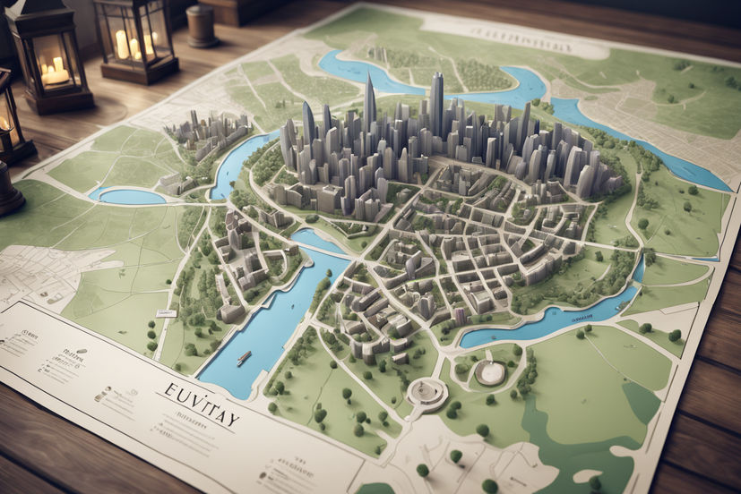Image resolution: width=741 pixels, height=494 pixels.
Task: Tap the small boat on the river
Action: click(x=244, y=357)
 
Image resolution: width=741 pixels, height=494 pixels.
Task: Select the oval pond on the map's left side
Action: click(x=131, y=195)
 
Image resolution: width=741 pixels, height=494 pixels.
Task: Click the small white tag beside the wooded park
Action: click(x=167, y=313)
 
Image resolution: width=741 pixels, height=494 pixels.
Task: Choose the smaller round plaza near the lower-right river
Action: click(x=490, y=372)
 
